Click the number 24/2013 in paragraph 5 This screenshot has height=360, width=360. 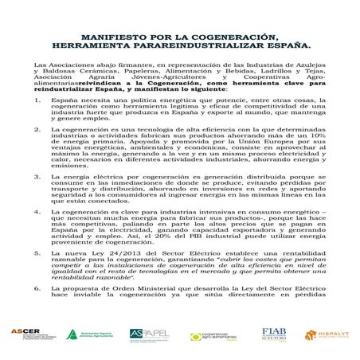click(114, 272)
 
